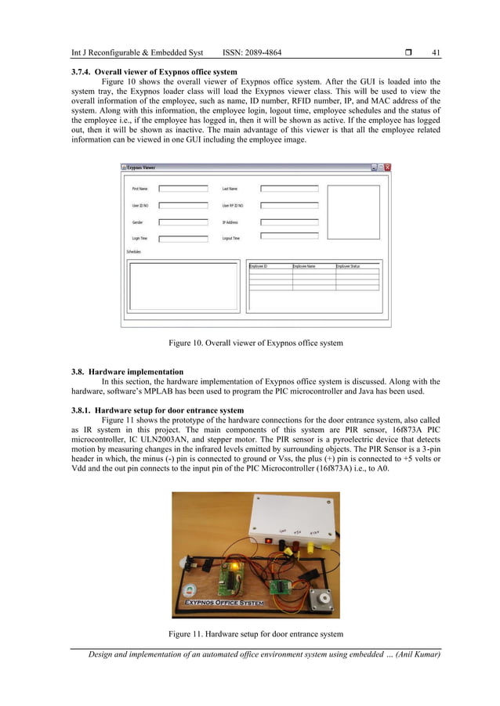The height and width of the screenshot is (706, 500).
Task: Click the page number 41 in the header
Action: pos(436,53)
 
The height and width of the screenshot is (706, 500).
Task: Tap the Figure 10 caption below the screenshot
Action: pos(255,343)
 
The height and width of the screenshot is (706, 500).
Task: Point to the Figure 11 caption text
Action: pos(255,633)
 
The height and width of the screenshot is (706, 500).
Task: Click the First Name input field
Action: pos(183,189)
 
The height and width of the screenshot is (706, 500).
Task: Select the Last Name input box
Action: pos(289,189)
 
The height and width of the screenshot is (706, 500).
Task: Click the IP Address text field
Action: pos(289,222)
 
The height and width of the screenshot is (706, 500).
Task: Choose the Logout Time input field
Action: pos(289,236)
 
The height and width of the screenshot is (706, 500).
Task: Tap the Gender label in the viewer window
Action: pos(138,222)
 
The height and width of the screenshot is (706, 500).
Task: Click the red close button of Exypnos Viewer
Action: pos(387,167)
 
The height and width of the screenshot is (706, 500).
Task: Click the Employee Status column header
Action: pos(350,267)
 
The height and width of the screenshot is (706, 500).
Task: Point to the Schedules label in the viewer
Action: pos(135,252)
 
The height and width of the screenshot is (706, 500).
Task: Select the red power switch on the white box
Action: pos(268,541)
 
